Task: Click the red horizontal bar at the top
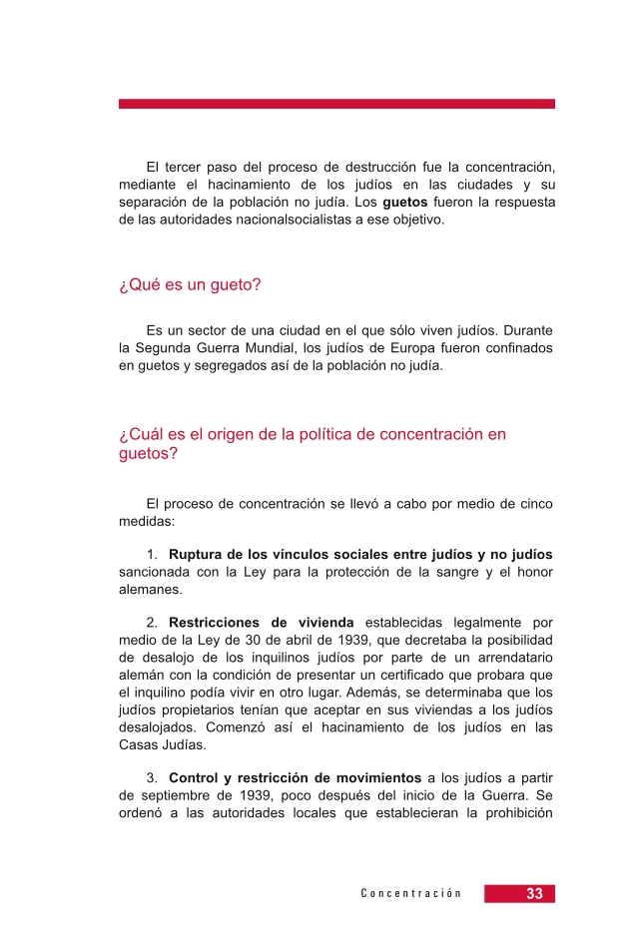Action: pyautogui.click(x=336, y=104)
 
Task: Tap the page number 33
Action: pyautogui.click(x=534, y=894)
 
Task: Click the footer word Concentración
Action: pyautogui.click(x=411, y=894)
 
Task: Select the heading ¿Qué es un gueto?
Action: pyautogui.click(x=190, y=285)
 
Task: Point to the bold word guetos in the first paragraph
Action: pyautogui.click(x=404, y=203)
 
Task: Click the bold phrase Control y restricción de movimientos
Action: pyautogui.click(x=295, y=778)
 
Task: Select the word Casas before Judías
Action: pyautogui.click(x=140, y=743)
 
